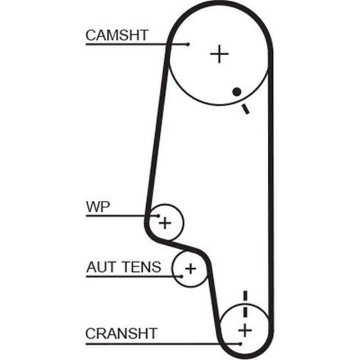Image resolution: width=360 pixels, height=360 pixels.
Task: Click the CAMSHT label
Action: click(117, 35)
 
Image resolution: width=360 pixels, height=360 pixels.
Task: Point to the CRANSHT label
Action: click(121, 333)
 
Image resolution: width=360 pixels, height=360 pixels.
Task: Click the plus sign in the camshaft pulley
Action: click(220, 54)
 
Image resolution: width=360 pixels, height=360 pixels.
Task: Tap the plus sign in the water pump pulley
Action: click(166, 222)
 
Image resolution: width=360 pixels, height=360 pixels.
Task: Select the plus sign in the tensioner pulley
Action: click(191, 269)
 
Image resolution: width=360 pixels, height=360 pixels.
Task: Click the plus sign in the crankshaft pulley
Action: click(245, 331)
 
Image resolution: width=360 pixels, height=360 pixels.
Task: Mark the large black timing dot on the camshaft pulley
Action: click(236, 92)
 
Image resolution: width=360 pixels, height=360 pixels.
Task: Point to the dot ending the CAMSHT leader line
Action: click(188, 44)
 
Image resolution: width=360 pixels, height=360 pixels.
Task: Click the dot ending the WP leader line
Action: click(158, 216)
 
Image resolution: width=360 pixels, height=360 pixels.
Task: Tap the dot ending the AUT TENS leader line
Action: click(181, 276)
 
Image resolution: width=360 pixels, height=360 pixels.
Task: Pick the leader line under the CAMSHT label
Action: click(135, 44)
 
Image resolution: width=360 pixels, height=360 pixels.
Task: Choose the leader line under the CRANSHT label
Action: click(162, 344)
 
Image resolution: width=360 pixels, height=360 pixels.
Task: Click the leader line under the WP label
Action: click(121, 216)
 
